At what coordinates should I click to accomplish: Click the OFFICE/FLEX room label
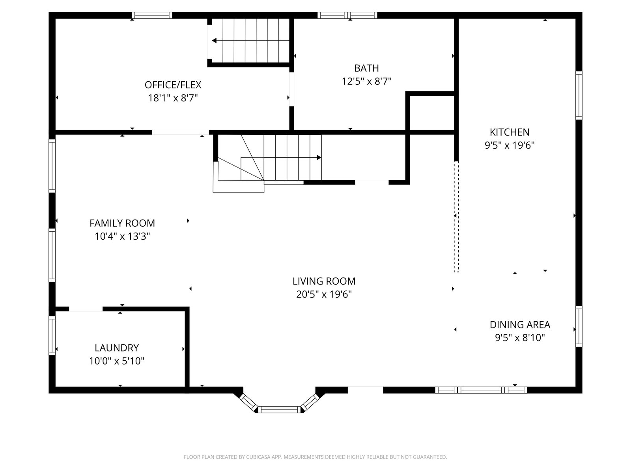tap(173, 85)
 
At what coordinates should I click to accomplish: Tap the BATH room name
tap(366, 68)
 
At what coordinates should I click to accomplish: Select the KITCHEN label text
tap(510, 132)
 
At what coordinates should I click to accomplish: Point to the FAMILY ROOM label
tap(122, 223)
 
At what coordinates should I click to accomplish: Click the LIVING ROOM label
tap(324, 281)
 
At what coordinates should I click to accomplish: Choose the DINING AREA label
tap(520, 325)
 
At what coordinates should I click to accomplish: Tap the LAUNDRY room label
tap(117, 348)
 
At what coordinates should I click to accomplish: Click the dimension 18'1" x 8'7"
tap(173, 98)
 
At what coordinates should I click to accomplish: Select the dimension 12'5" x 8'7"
tap(366, 82)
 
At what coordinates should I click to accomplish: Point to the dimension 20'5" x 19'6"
tap(324, 294)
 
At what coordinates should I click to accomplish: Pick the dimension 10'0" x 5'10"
tap(117, 361)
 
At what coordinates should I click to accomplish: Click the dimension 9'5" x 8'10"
tap(520, 338)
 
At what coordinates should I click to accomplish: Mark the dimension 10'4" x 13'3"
tap(122, 236)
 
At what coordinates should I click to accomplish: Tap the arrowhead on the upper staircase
tap(214, 41)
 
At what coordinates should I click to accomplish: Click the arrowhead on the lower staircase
tap(319, 157)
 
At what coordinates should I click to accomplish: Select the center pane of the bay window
tap(279, 410)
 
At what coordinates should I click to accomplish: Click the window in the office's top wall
tap(152, 15)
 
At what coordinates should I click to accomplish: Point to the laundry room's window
tap(52, 335)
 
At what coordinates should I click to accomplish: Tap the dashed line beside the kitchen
tap(456, 217)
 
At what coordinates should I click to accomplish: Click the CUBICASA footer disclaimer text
tap(315, 457)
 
